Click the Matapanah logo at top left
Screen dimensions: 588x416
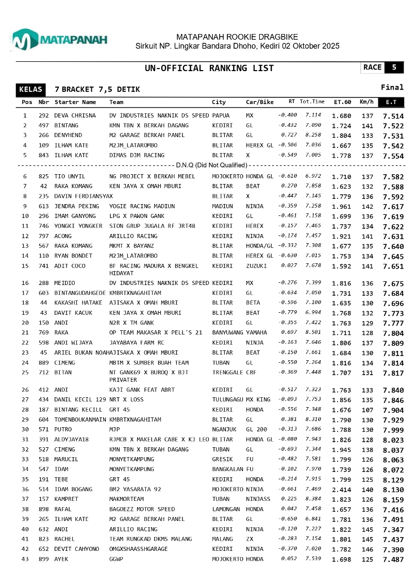coord(59,40)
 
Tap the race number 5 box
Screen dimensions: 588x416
coord(394,68)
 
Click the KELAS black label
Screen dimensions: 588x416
coord(30,90)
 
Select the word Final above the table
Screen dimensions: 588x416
coord(392,88)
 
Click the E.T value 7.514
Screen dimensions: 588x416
coord(393,116)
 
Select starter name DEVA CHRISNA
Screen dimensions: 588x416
coord(75,116)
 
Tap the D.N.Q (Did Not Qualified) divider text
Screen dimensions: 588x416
coord(211,165)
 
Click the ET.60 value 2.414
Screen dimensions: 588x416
coord(341,490)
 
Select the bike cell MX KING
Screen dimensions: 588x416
coord(258,399)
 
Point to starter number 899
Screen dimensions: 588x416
coord(43,559)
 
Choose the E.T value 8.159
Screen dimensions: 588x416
coord(393,499)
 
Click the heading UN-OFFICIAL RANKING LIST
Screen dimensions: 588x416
coord(209,69)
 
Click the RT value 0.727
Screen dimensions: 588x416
coord(288,135)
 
